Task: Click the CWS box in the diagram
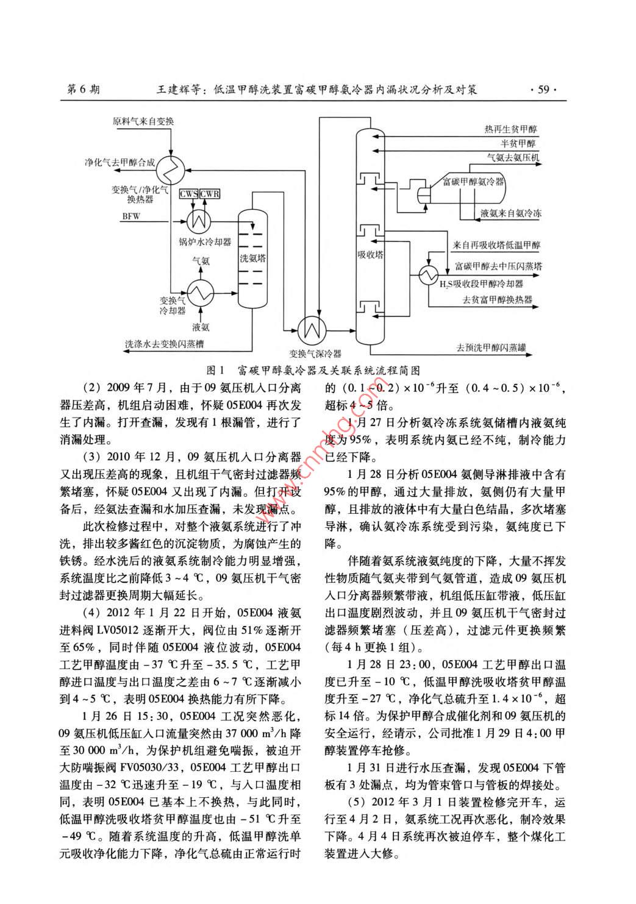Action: point(188,194)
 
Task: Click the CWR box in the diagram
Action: point(209,194)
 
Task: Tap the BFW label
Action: point(131,216)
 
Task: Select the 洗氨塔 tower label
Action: point(252,258)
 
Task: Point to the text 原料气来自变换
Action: point(143,121)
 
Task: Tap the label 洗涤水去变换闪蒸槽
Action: point(164,344)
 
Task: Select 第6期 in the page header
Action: point(83,90)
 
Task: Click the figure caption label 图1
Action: point(217,370)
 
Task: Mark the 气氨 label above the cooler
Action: point(201,260)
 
